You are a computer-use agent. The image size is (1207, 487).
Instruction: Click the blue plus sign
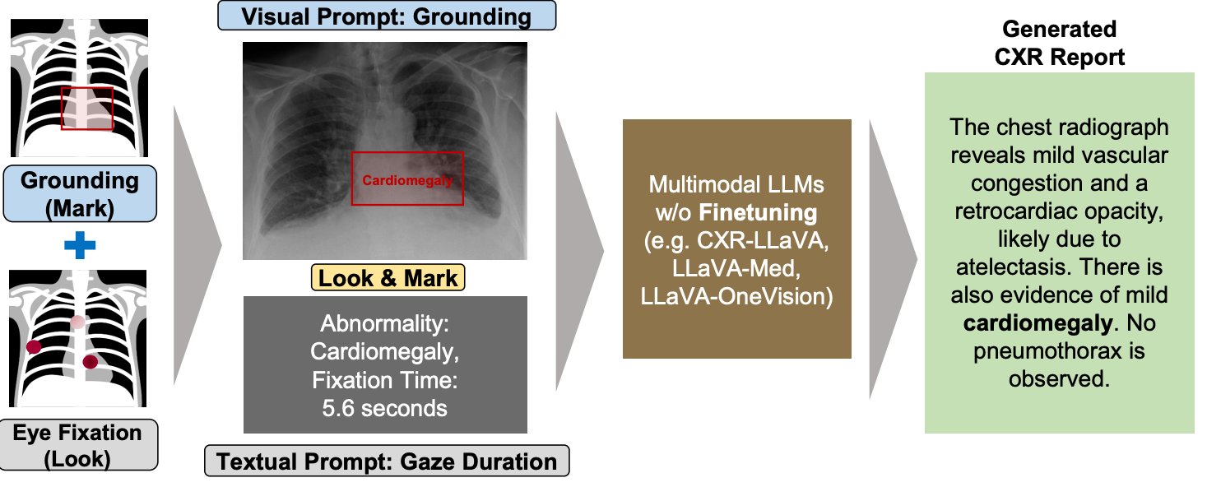coord(80,245)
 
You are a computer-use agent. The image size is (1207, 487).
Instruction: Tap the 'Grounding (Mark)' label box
coord(80,194)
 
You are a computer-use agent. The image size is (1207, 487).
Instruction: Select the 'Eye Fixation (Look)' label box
coord(78,445)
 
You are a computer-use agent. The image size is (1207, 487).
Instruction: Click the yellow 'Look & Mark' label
coord(388,278)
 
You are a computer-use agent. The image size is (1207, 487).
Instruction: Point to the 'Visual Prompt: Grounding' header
coord(387,16)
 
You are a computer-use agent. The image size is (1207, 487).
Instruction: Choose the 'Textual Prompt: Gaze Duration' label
coord(387,461)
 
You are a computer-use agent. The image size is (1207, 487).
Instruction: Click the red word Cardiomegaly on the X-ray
coord(407,180)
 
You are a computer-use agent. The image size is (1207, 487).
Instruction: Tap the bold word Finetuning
coord(758,213)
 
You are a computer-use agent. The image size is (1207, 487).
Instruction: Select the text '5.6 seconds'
coord(385,408)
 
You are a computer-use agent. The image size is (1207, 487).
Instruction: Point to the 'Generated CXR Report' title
coord(1060,43)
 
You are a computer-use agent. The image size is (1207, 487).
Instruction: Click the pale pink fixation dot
coord(77,322)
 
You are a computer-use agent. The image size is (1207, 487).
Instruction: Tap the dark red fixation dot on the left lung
coord(34,347)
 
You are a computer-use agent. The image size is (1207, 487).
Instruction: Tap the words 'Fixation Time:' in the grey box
coord(385,380)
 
